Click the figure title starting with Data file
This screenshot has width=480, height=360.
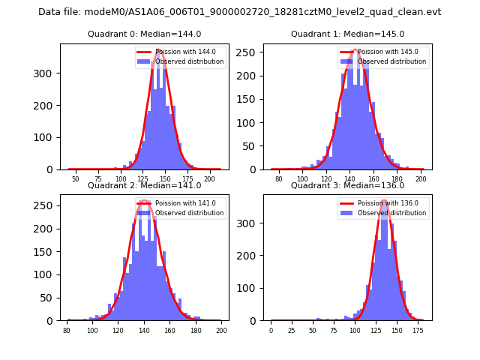pyautogui.click(x=239, y=12)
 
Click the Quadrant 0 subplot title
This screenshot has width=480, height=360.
pyautogui.click(x=144, y=34)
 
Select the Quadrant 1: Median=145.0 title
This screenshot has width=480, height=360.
pyautogui.click(x=347, y=34)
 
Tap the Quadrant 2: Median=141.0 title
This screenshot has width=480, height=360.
pyautogui.click(x=144, y=185)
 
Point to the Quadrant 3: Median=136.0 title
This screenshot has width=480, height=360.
pyautogui.click(x=347, y=185)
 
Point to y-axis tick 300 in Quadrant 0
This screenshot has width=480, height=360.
pyautogui.click(x=46, y=73)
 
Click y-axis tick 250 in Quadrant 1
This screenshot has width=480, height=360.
pyautogui.click(x=250, y=52)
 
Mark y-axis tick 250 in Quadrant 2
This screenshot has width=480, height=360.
pyautogui.click(x=46, y=204)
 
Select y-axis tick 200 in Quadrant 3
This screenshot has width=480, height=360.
pyautogui.click(x=250, y=256)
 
